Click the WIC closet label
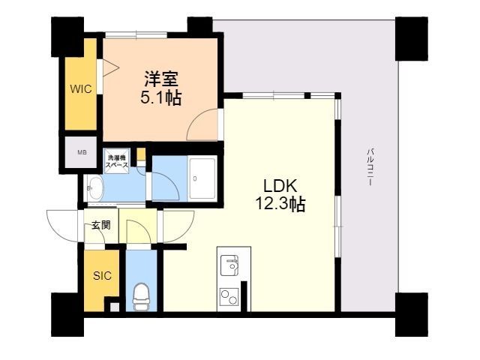click(81, 88)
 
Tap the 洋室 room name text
click(161, 78)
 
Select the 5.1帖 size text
click(161, 97)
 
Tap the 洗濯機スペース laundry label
click(117, 160)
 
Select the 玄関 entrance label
click(100, 224)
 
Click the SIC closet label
click(102, 275)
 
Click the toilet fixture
click(141, 295)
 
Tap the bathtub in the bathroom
click(202, 178)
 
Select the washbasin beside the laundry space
click(95, 187)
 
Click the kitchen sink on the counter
click(229, 265)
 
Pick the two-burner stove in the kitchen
click(229, 297)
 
